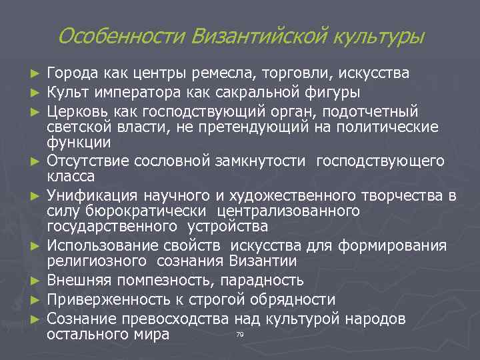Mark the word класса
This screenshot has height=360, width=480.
tap(71, 177)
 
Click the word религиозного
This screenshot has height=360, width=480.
tap(99, 263)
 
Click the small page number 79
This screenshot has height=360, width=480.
tap(239, 333)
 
